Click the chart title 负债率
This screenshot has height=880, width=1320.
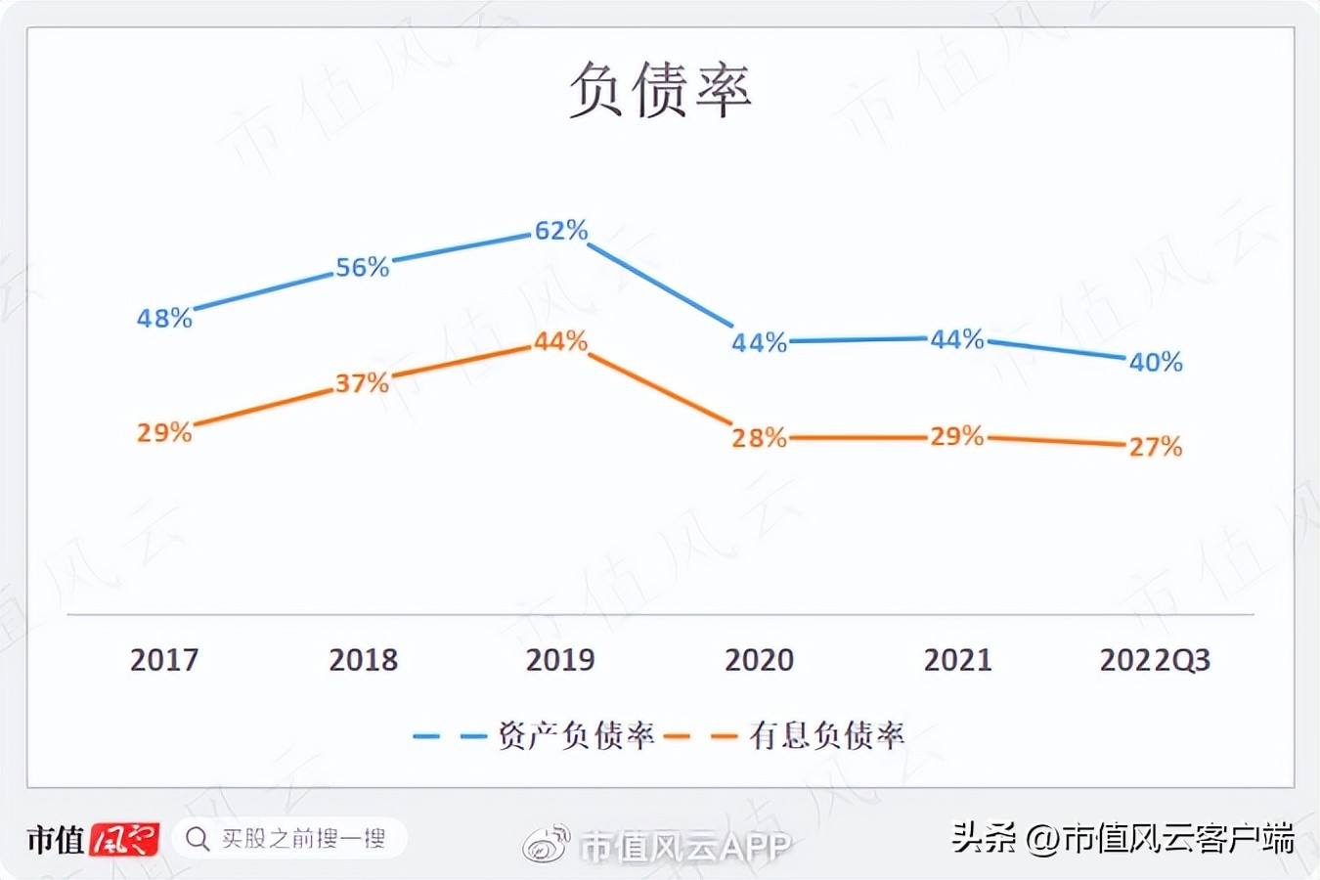coord(660,90)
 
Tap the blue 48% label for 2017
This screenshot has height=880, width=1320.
coord(164,318)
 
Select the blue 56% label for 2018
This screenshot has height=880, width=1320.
coord(363,267)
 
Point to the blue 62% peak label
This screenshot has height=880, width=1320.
coord(561,231)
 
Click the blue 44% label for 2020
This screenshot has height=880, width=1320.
coord(760,342)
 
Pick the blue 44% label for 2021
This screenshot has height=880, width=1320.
coord(957,339)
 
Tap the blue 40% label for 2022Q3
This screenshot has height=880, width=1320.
coord(1156,363)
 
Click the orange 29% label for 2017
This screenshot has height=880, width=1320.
coord(164,432)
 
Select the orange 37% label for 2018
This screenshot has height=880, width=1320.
coord(363,383)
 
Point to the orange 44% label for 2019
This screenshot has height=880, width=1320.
coord(561,341)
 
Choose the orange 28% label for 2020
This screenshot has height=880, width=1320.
coord(760,438)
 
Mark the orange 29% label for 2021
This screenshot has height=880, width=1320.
coord(957,436)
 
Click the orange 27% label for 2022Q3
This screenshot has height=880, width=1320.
coord(1156,447)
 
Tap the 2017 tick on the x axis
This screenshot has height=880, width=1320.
coord(164,660)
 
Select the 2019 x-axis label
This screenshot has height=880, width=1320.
coord(560,660)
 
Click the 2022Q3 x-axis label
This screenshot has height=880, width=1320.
coord(1155,660)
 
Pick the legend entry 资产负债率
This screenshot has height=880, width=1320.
coord(576,735)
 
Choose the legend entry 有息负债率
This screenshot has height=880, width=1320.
coord(827,735)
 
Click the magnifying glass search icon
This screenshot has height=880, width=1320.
coord(198,839)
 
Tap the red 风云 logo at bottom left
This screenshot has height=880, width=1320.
coord(124,839)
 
